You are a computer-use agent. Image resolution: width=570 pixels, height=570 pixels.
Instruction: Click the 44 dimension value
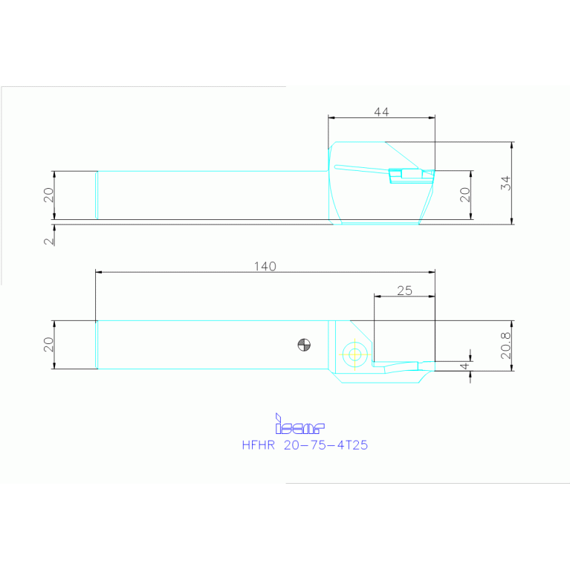pos(381,112)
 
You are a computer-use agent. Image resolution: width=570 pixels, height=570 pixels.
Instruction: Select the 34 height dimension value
pos(505,182)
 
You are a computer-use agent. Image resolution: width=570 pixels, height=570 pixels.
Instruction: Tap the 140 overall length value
pos(265,267)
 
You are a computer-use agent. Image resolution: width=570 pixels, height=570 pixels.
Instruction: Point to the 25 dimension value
pos(404,290)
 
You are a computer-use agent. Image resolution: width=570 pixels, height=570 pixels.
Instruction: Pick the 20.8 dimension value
pos(505,345)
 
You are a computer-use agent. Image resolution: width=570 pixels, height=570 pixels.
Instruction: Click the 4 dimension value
pos(464,366)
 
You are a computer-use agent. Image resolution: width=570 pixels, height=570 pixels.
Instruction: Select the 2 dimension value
pos(48,241)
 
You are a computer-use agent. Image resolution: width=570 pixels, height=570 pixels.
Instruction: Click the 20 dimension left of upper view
pos(48,195)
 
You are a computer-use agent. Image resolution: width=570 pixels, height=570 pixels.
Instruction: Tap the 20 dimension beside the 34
pos(465,195)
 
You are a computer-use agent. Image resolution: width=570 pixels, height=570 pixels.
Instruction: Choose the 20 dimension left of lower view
pos(48,344)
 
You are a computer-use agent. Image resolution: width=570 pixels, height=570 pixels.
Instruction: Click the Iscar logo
pos(299,426)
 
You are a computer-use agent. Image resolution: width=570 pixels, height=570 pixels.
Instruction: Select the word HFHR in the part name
pos(259,447)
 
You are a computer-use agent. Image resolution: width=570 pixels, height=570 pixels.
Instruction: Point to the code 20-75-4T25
pos(326,447)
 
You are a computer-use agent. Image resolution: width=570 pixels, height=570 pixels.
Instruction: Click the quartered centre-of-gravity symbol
pos(303,344)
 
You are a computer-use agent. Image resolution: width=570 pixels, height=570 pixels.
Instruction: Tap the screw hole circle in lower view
pos(354,354)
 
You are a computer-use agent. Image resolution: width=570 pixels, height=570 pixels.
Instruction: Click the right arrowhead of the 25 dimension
pos(431,296)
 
